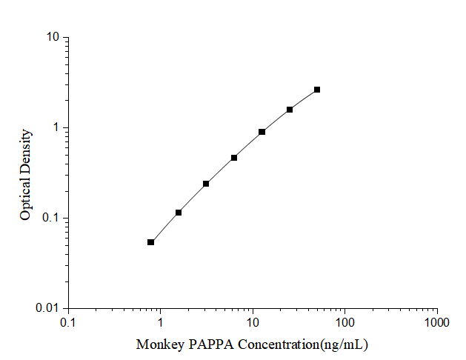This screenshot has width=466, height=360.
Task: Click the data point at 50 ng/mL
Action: pos(317,90)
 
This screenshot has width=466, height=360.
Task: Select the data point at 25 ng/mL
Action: pos(290,110)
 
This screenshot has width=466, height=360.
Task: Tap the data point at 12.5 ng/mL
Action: pos(262,132)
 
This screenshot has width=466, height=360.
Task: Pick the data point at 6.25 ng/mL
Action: pos(234,158)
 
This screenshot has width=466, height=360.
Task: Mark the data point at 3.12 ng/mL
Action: pos(206,184)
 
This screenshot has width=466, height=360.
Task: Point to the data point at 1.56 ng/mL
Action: pos(179,213)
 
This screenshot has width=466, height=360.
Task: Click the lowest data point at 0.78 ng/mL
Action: pos(151,242)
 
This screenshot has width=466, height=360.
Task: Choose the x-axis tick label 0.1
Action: pos(68,322)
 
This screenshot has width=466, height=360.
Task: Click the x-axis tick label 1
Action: pos(160,322)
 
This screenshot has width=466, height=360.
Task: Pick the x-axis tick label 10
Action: pos(253,322)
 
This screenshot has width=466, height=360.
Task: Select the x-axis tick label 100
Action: pos(345,322)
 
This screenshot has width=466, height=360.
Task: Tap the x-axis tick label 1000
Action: pos(436,322)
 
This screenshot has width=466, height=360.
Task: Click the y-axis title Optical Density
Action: pos(26,174)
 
